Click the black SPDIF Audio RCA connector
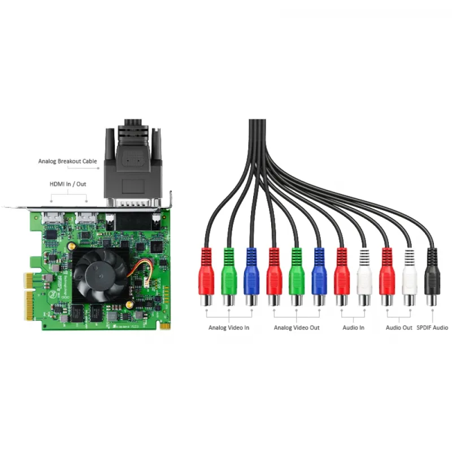pos(433,277)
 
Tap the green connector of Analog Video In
pos(228,277)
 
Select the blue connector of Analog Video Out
pos(319,277)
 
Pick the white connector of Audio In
pos(364,277)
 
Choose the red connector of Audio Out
pos(387,277)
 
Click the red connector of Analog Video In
pos(206,277)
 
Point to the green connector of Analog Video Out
pos(297,277)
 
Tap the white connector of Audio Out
pos(410,277)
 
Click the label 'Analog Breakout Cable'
pos(68,162)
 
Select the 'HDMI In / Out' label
pos(68,184)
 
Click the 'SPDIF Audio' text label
pos(432,328)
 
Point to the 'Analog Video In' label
pos(229,328)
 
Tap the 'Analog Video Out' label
pos(296,328)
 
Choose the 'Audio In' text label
pos(354,328)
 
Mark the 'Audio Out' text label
pos(399,328)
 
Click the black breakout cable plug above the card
pos(134,164)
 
